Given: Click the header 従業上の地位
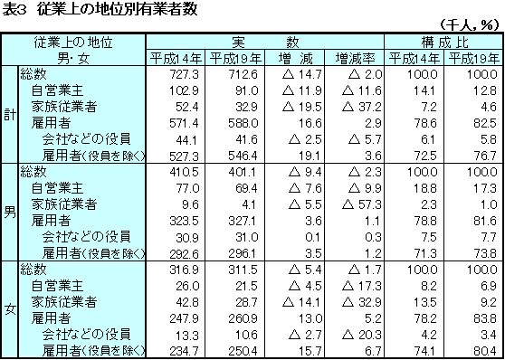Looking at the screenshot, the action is pos(75,42).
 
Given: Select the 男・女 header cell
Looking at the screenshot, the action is pos(75,58).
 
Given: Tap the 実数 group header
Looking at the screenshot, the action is pos(265,42).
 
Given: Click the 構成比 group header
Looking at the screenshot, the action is pos(443,42).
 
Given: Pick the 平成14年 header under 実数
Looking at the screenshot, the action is pos(176,58).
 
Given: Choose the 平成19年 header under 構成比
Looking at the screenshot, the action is pos(472,58).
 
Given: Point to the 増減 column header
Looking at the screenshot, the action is pos(294,58).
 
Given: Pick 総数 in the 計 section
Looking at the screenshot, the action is pos(33,74).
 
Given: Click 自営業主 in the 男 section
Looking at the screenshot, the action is pos(57,188).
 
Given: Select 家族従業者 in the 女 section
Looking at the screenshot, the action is pos(63,302).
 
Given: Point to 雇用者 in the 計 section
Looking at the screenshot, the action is pos(51,123).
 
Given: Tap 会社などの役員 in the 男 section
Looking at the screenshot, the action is pos(86,236).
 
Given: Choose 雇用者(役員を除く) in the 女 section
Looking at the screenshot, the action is pos(92,351).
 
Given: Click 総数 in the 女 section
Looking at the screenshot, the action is pos(33,270).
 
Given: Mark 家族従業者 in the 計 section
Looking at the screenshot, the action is pos(63,107).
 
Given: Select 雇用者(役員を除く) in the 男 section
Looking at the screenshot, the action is pos(92,253).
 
